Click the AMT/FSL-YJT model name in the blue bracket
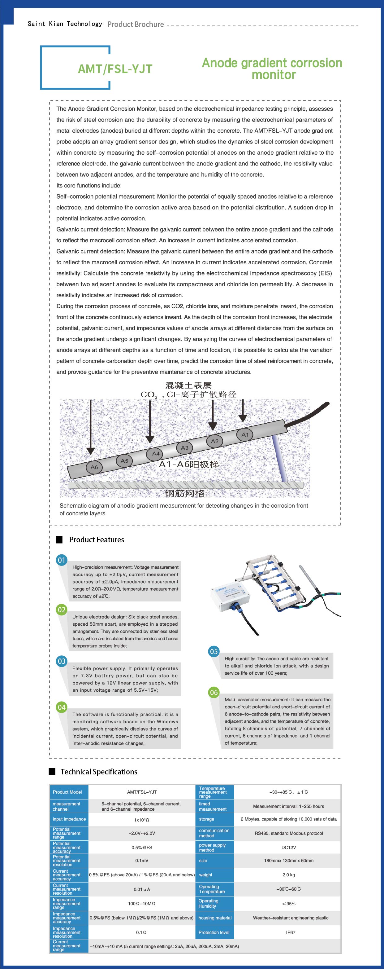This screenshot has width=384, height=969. [115, 69]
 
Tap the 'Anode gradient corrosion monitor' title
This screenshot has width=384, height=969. [272, 68]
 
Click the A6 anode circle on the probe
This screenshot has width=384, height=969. [94, 467]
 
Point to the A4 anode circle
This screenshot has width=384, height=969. [155, 454]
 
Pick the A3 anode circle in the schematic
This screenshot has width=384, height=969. [184, 448]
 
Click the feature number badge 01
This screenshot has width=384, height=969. [62, 560]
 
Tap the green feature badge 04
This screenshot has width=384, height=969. [62, 707]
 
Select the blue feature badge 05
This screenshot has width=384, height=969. [214, 651]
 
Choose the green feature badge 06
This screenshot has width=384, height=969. [214, 692]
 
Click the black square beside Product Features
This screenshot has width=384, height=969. [59, 540]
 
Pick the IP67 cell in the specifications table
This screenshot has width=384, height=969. [291, 932]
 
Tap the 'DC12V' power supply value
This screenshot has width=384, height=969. [289, 848]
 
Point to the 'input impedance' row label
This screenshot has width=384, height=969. [69, 819]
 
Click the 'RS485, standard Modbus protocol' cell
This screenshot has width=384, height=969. [289, 833]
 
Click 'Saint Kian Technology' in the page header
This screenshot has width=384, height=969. [65, 24]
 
